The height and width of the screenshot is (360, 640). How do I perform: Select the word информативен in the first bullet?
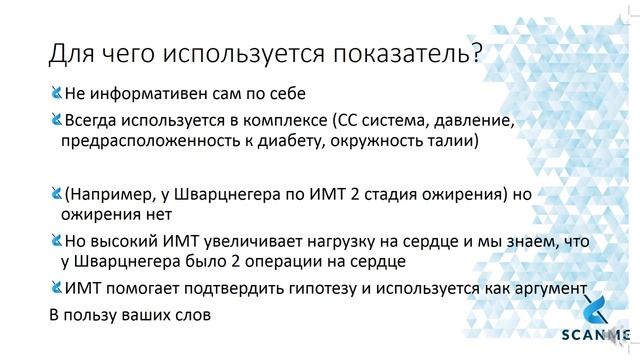149,97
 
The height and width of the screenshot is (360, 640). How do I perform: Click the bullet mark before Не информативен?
55,96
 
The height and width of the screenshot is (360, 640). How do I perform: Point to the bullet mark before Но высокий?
55,241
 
